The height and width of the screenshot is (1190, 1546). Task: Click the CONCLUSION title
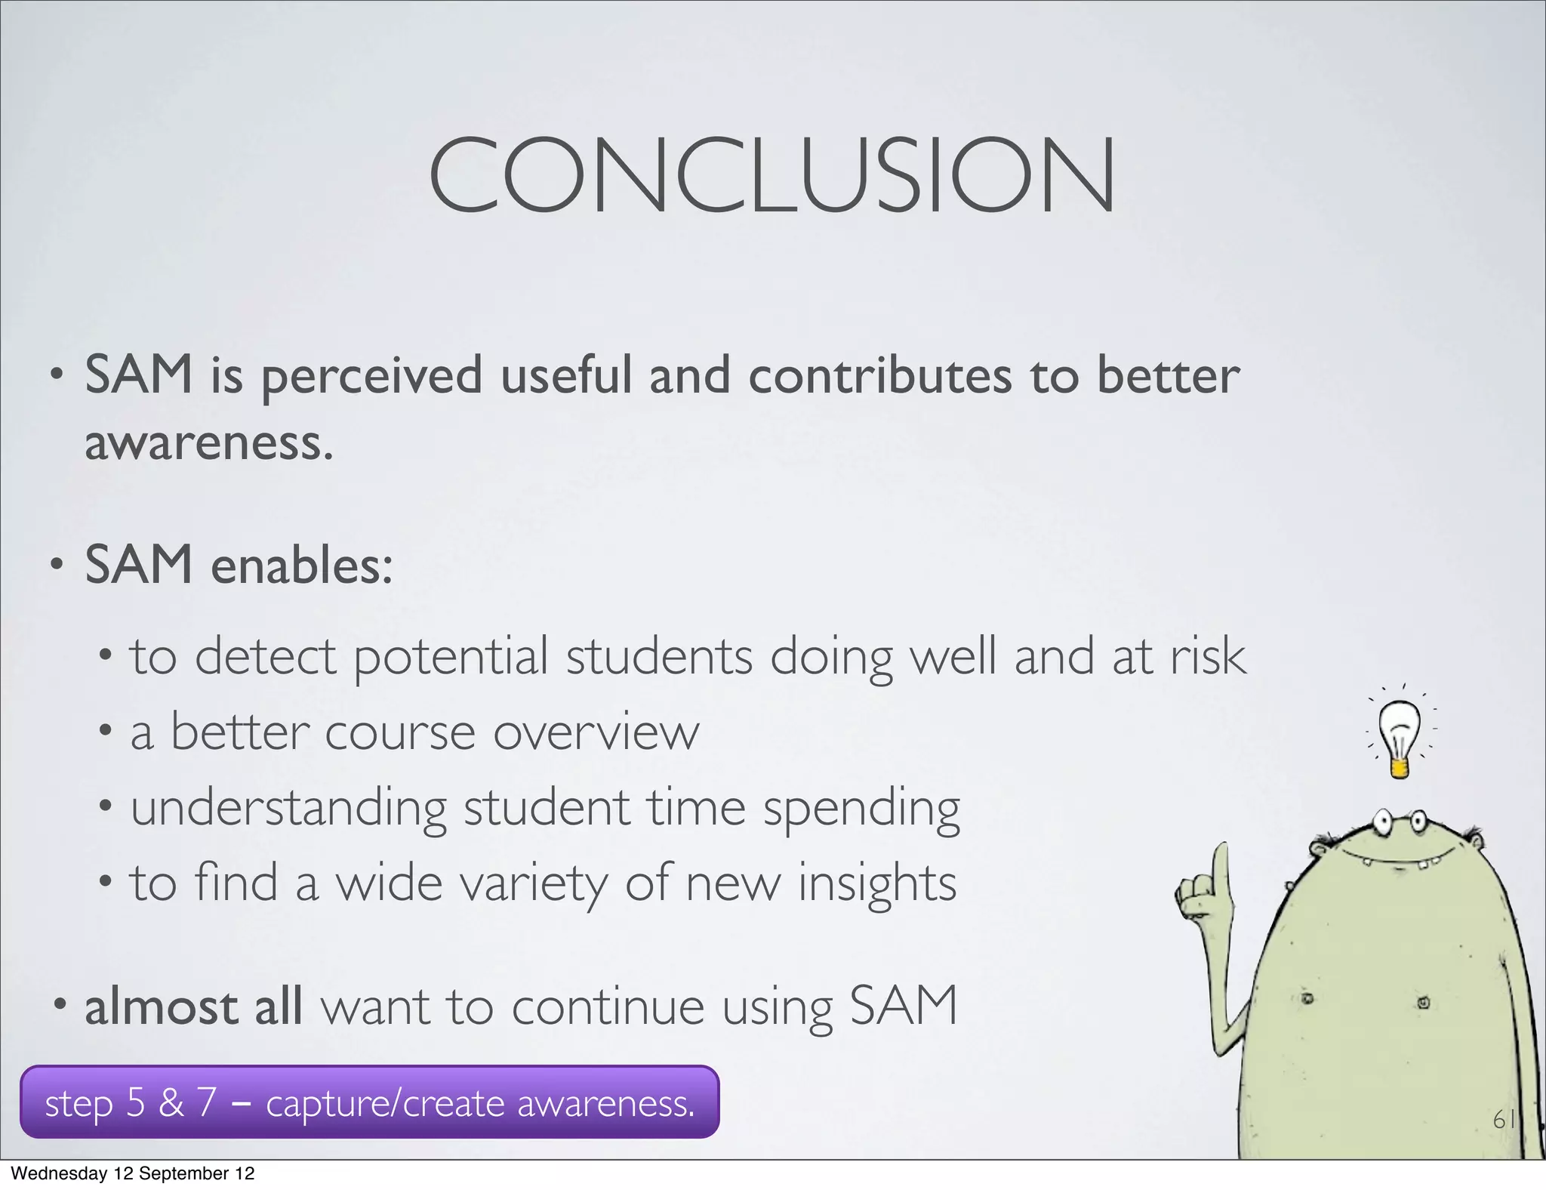(x=771, y=175)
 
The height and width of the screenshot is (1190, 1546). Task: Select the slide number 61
(x=1504, y=1119)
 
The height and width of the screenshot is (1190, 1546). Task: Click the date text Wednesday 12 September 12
(x=133, y=1173)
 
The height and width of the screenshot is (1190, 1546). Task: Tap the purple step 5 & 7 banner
(x=369, y=1102)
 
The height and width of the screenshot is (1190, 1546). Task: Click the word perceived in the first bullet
(x=371, y=376)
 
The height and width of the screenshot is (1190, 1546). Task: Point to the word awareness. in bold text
(x=208, y=442)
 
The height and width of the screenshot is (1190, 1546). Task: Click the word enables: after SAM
(x=301, y=566)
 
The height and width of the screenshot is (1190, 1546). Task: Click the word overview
(x=596, y=732)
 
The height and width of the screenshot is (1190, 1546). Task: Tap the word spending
(x=861, y=808)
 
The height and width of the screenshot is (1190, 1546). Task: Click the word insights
(x=876, y=883)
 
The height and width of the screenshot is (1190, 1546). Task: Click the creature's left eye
(x=1383, y=822)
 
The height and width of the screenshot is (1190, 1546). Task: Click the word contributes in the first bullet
(x=879, y=376)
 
